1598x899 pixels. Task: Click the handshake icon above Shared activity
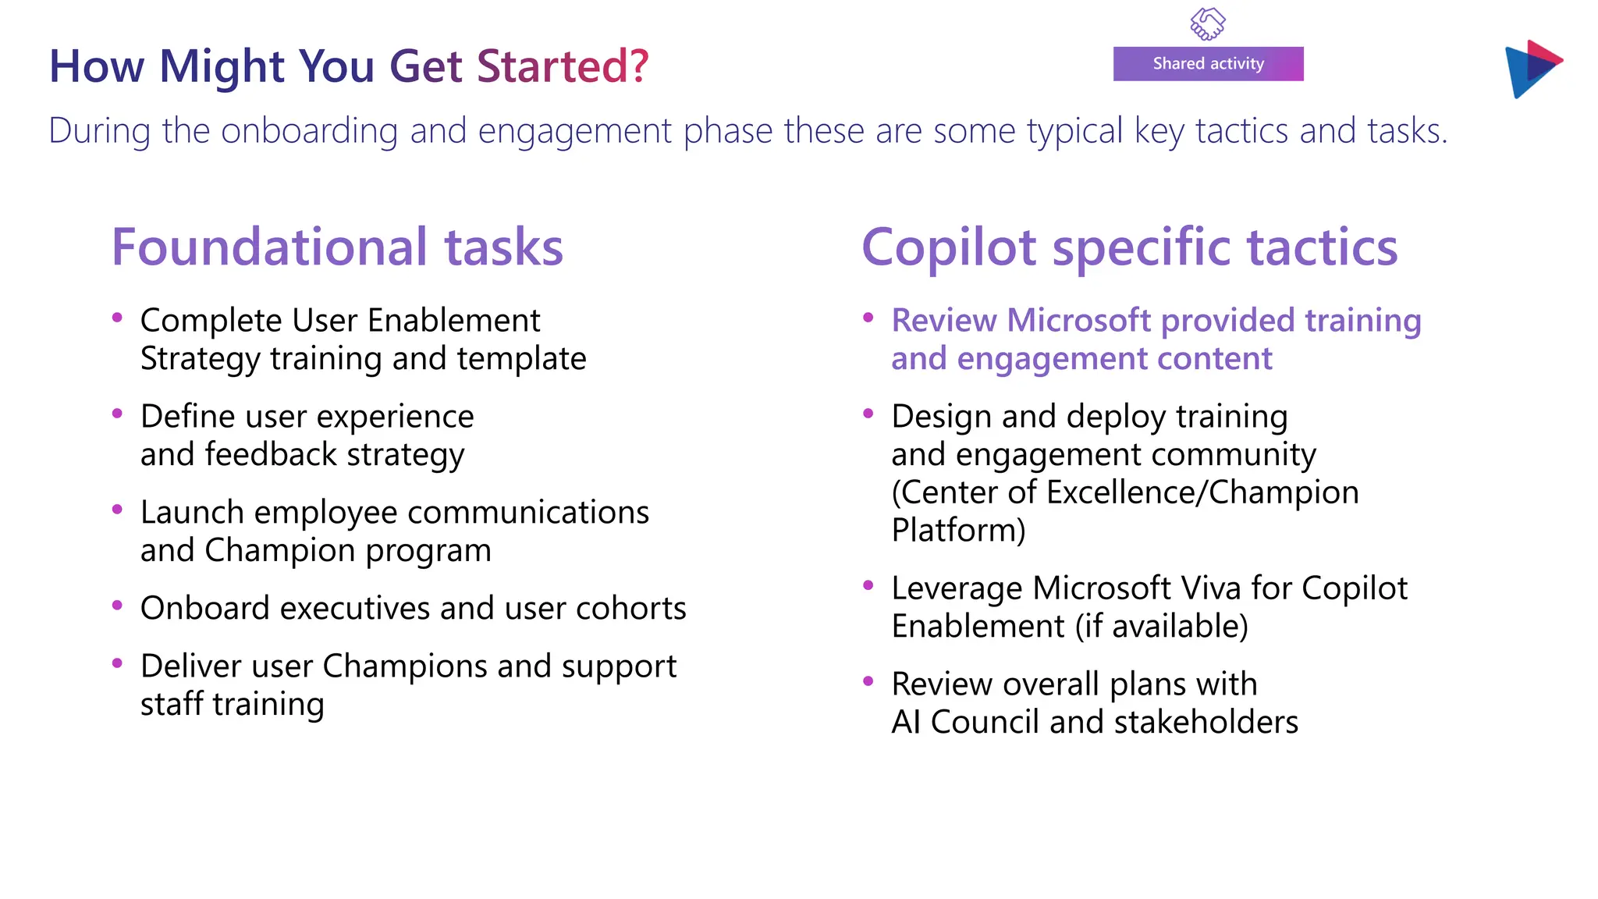1207,23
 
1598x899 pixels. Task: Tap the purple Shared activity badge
1208,64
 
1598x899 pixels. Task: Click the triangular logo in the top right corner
1532,69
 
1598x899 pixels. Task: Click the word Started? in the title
563,66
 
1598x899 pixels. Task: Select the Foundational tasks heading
337,247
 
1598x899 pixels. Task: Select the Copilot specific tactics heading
1129,247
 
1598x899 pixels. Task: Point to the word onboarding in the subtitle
309,131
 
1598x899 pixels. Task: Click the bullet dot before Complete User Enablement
118,318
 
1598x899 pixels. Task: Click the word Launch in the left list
192,513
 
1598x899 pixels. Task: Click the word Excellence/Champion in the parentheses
1202,492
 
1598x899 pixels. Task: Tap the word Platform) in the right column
958,531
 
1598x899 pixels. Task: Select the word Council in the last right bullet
985,723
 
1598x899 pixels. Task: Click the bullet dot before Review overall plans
868,681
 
